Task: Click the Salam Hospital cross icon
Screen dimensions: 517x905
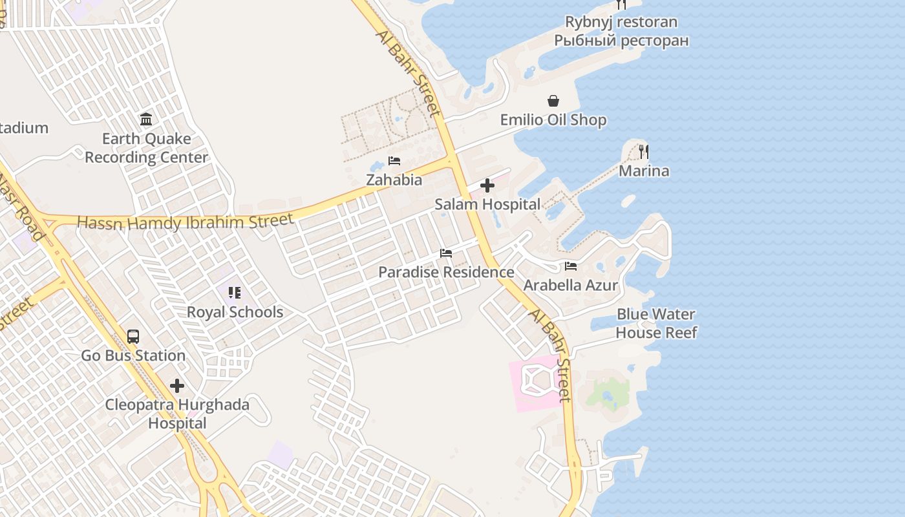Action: coord(487,186)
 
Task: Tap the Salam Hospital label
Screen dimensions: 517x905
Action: coord(487,204)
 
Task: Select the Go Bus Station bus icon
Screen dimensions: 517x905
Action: coord(133,337)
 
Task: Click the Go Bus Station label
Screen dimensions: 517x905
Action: coord(133,355)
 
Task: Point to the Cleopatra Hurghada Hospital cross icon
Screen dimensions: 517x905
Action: coord(177,386)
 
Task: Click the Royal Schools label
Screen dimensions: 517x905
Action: coord(235,312)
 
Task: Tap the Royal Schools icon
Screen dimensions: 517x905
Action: coord(235,293)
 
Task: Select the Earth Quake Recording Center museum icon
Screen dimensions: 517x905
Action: coord(146,120)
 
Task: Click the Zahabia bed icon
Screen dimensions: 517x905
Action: coord(394,161)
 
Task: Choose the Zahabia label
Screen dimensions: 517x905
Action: coord(394,180)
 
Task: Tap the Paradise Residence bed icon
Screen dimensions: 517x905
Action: coord(446,253)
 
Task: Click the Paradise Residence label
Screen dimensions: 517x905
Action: coord(446,272)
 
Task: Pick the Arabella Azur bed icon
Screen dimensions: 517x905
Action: coord(571,266)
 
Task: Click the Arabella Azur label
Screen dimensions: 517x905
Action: coord(571,285)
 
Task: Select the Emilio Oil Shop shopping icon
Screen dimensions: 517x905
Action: coord(553,101)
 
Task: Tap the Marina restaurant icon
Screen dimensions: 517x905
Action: coord(644,152)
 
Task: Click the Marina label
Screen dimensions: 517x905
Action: coord(644,171)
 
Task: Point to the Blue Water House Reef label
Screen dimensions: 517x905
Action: coord(656,323)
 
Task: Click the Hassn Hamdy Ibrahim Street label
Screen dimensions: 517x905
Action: coord(186,222)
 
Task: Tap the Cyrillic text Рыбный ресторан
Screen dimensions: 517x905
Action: coord(621,41)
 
